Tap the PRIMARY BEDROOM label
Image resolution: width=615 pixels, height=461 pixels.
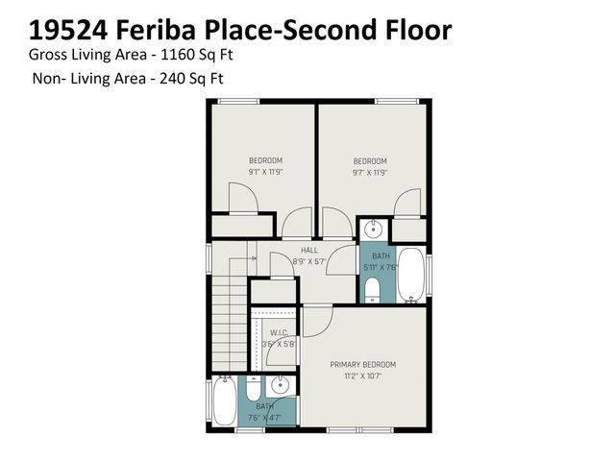click(362, 365)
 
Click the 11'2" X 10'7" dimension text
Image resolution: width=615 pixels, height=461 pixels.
click(362, 376)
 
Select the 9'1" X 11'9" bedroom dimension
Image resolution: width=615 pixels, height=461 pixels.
click(265, 172)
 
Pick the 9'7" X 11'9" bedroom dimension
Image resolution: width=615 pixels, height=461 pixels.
click(369, 173)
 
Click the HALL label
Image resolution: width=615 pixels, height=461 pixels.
click(308, 250)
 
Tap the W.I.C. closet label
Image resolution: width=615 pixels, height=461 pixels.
click(280, 333)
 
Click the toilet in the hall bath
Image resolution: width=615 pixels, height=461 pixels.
click(371, 289)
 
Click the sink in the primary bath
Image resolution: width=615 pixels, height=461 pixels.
click(280, 386)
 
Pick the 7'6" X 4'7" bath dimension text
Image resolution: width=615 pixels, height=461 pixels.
click(264, 418)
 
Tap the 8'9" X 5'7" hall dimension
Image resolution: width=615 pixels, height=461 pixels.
click(308, 260)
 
